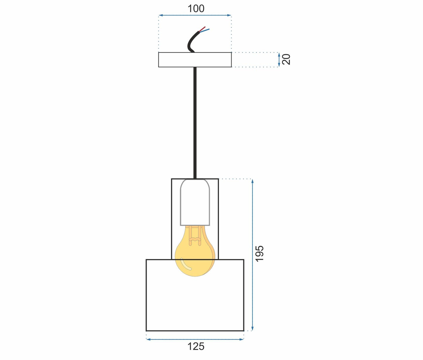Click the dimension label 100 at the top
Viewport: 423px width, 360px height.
pyautogui.click(x=196, y=9)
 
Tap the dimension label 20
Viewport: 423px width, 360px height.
pyautogui.click(x=286, y=59)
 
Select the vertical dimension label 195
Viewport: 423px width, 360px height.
pyautogui.click(x=259, y=254)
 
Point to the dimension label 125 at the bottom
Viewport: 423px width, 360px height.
pyautogui.click(x=196, y=347)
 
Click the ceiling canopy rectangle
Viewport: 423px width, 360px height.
pyautogui.click(x=195, y=60)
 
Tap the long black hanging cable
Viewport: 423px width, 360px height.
pyautogui.click(x=195, y=123)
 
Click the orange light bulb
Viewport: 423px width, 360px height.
pyautogui.click(x=195, y=257)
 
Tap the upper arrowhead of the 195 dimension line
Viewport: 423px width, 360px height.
pyautogui.click(x=252, y=181)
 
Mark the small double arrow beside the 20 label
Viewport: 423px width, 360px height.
pyautogui.click(x=279, y=60)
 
